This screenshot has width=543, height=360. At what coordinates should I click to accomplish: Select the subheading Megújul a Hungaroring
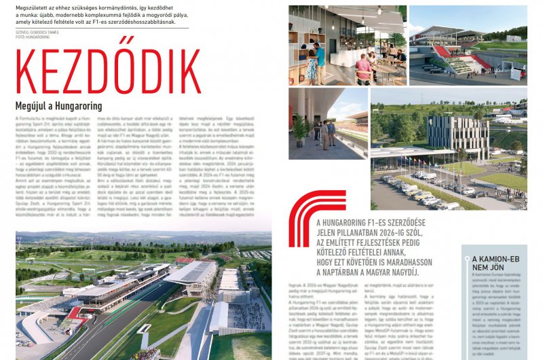pyautogui.click(x=58, y=106)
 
